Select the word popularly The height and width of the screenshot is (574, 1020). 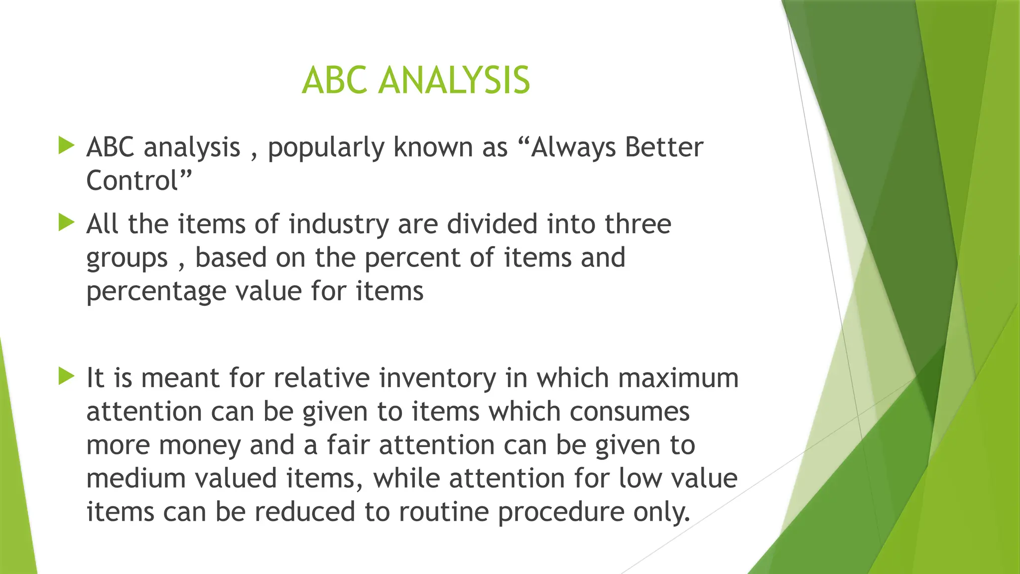tap(326, 148)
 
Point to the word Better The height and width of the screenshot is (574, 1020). tap(664, 147)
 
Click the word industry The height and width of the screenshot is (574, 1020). tap(339, 225)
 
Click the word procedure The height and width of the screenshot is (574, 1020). tap(561, 512)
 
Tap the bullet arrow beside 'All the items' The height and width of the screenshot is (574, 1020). tap(66, 222)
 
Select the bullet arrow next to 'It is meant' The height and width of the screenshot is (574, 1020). tap(66, 376)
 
